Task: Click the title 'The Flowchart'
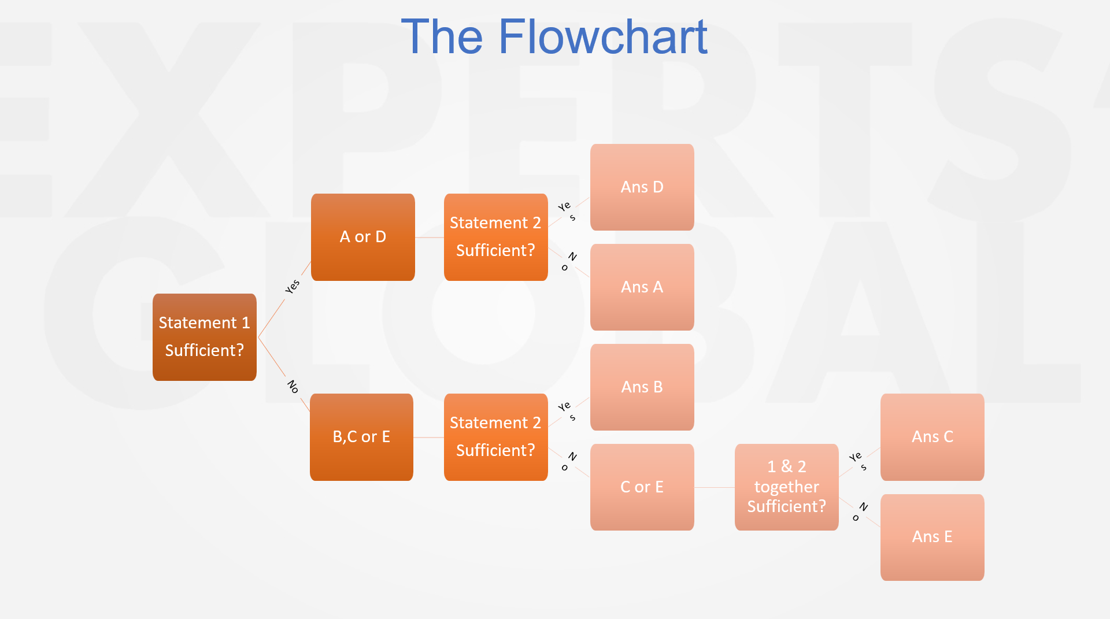[x=554, y=37]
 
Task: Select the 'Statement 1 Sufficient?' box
[x=204, y=337]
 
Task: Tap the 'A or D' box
[x=362, y=237]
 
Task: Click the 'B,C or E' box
[x=361, y=437]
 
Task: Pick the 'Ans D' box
[x=642, y=187]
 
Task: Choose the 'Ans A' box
[x=642, y=287]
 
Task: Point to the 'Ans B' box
[x=642, y=387]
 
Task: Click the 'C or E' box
[x=642, y=487]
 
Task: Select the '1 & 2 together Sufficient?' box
[x=786, y=487]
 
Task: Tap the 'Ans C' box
[x=932, y=437]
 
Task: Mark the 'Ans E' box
[x=932, y=537]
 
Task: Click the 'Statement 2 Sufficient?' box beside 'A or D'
[x=495, y=237]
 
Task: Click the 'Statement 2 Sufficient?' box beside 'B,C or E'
[x=495, y=437]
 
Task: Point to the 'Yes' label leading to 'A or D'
[x=293, y=287]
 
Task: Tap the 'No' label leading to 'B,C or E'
[x=293, y=387]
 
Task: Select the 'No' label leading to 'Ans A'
[x=568, y=261]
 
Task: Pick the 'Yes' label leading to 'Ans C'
[x=858, y=461]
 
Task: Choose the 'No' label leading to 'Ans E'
[x=860, y=511]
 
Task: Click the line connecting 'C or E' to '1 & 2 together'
[x=714, y=487]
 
